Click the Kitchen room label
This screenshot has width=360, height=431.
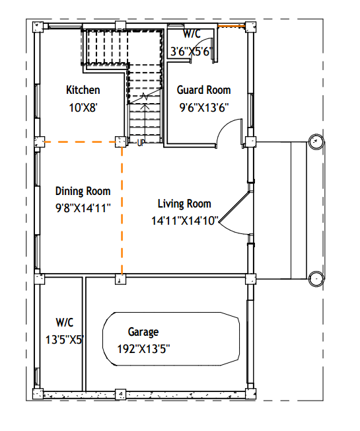point(83,90)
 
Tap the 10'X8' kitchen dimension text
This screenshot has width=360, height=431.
point(83,108)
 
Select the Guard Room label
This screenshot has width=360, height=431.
point(203,90)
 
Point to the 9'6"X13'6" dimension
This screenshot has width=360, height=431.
point(204,108)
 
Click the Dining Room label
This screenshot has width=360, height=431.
point(83,191)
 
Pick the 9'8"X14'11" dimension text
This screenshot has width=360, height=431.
point(83,208)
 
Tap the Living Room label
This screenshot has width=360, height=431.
point(184,204)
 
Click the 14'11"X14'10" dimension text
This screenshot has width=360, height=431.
point(185,220)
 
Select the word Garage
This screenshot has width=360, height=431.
point(143,332)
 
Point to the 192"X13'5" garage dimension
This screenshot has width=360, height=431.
point(143,349)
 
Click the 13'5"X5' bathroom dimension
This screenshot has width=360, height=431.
point(65,340)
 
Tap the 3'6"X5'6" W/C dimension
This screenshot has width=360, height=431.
point(192,52)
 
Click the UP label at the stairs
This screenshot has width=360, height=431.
point(141,143)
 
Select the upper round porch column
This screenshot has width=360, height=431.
point(316,142)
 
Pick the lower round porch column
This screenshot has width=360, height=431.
point(316,279)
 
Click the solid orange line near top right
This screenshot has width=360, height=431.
point(231,26)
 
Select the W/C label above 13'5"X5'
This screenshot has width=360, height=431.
point(65,323)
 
